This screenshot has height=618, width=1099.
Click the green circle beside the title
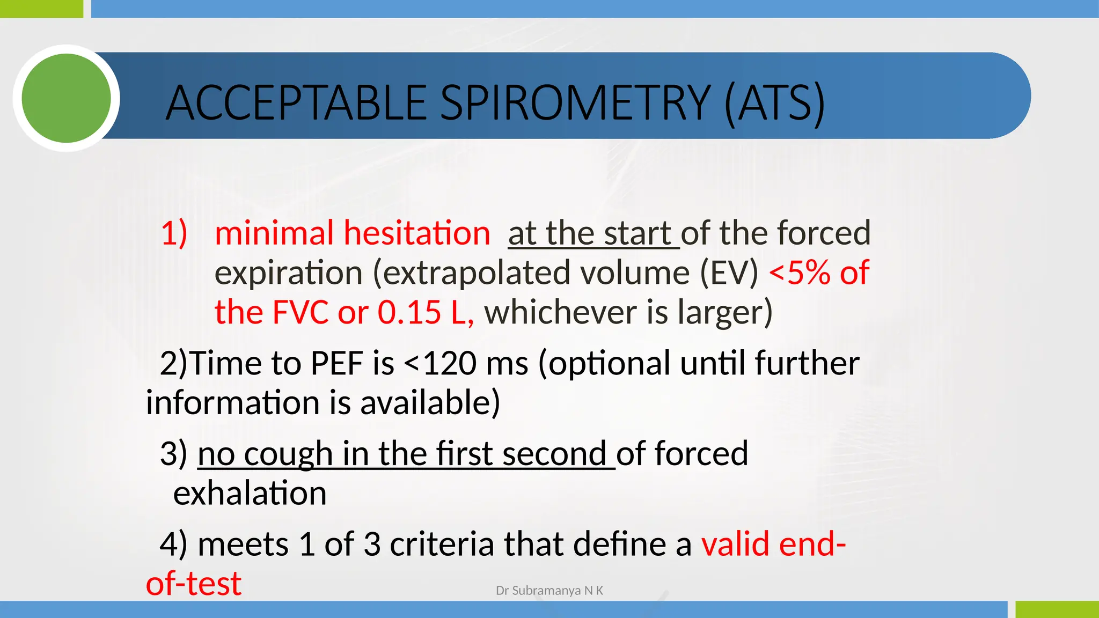coord(66,98)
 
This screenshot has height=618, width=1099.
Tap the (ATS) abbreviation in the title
coord(774,103)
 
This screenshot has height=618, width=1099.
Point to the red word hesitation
coord(417,233)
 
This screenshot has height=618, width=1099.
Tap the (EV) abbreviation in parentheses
coord(729,273)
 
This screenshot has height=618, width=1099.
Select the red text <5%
coord(800,273)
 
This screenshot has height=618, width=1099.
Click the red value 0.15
coord(409,313)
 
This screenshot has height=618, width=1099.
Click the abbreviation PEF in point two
coord(336,364)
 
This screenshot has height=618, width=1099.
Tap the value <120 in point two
coord(440,364)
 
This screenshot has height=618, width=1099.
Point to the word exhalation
coord(250,494)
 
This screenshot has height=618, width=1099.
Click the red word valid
coord(736,545)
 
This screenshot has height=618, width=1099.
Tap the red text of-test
coord(194,584)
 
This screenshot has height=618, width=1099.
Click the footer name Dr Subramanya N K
coord(549,591)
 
